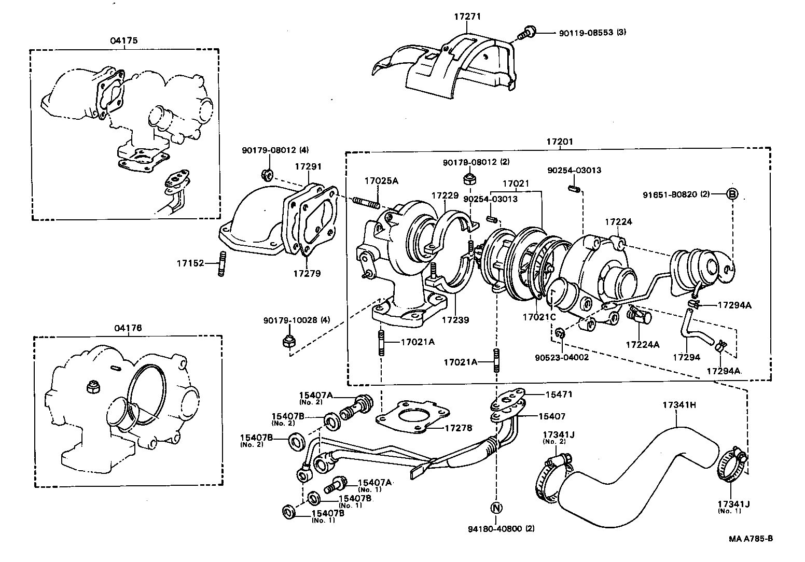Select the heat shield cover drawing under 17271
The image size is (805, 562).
[x=451, y=67]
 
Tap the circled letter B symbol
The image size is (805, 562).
[x=731, y=194]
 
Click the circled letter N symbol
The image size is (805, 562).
[x=495, y=507]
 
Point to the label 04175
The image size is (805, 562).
[x=124, y=40]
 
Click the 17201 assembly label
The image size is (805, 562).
[x=559, y=142]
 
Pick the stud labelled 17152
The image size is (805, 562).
[x=221, y=264]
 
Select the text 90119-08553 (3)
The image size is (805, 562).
[x=592, y=32]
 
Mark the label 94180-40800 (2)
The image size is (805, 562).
[x=501, y=529]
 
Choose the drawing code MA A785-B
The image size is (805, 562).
[x=751, y=538]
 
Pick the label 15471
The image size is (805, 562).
[x=559, y=394]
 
